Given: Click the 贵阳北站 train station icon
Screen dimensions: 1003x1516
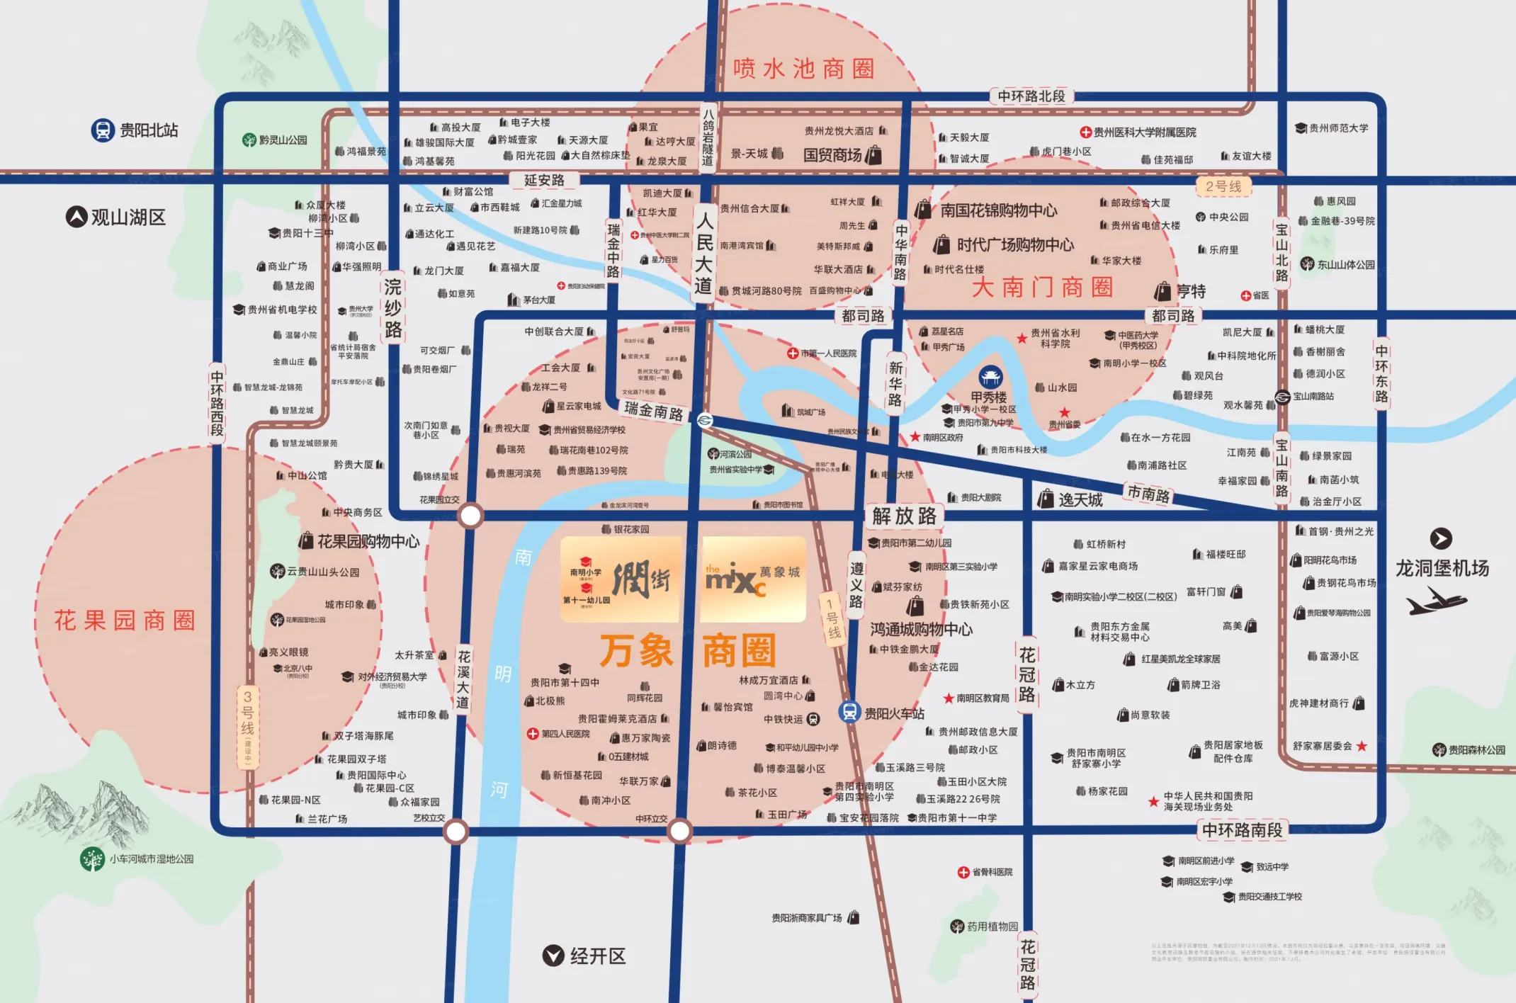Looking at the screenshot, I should point(103,130).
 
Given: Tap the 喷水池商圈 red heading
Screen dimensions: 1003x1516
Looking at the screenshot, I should point(804,69).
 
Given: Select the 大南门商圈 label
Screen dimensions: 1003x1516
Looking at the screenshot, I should point(1042,288).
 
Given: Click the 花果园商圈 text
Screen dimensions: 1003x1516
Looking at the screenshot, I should point(125,620).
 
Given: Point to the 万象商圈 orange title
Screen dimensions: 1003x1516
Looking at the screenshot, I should point(687,650).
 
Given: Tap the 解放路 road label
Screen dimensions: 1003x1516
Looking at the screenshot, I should point(904,516).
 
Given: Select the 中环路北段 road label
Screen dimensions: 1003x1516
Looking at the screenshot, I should point(1031,96).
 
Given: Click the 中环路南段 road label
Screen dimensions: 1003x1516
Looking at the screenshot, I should point(1241,830).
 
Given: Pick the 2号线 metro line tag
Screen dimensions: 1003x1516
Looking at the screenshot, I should point(1223,186).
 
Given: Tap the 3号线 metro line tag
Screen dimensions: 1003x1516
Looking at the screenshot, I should point(247,726).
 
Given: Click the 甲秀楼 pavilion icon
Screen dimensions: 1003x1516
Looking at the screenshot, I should point(990,376).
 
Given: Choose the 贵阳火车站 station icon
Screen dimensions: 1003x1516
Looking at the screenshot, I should point(849,712).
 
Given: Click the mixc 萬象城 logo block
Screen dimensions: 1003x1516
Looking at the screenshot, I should point(753,579).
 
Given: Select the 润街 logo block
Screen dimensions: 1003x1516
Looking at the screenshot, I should point(621,579).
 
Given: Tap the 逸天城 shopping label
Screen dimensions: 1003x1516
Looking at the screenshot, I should point(1071,499).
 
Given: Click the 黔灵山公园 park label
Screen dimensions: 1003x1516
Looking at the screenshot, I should point(276,140).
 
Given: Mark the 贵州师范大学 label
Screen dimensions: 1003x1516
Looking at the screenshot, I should point(1332,128).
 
